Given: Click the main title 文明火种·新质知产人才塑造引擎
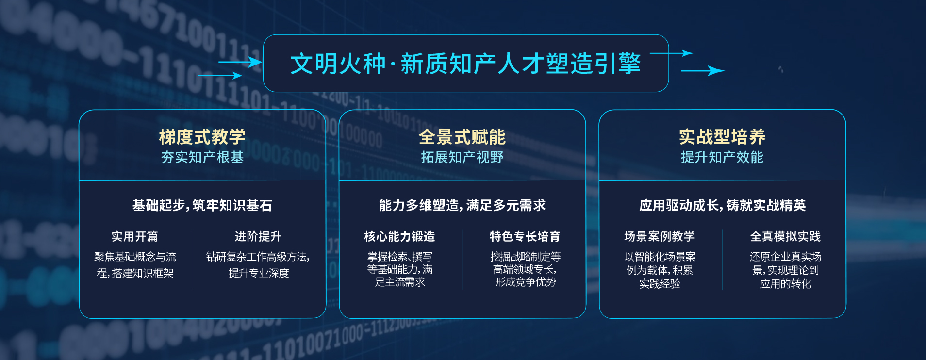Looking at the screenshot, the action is pos(465,64).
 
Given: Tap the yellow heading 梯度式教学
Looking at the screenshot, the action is pos(202,137).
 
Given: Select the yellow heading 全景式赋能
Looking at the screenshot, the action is pos(462,137).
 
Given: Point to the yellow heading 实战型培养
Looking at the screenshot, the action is pos(722,137).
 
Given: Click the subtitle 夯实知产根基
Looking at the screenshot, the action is pos(202,157).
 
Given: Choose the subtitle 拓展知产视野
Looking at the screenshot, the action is pos(462,157).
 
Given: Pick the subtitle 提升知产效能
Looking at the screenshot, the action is pos(722,157).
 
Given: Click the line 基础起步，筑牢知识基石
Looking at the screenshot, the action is pos(202,205).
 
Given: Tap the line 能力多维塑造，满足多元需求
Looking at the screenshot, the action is pos(462,205).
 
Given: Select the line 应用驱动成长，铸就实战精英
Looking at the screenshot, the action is pos(722,205).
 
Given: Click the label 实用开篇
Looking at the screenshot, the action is pos(135,236).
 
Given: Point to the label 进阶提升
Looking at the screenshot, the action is pos(258,236).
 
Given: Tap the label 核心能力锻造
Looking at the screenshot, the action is pos(399,236).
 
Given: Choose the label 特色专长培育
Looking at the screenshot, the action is pos(525,236).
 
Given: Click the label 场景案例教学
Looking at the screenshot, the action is pos(660,236).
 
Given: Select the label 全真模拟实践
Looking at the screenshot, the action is pos(785,236).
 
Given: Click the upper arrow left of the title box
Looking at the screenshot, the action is pos(240,62).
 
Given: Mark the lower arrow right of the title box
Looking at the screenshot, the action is pos(703,71).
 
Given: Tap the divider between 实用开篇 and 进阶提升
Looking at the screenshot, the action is pos(194,260).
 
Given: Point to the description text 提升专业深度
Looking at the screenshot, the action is pos(259,273).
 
